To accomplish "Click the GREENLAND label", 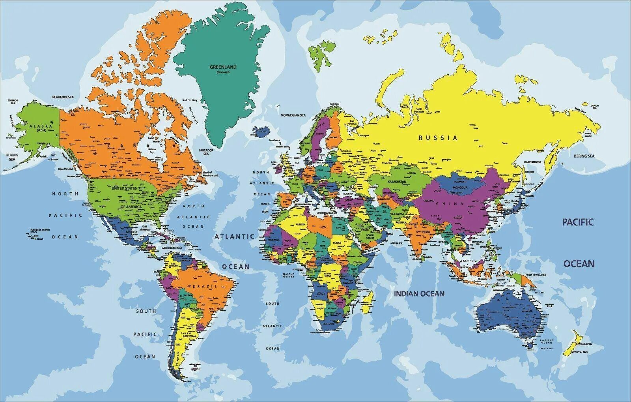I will tap(223, 67).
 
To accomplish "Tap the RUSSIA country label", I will tap(438, 138).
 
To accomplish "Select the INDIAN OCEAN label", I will tap(419, 293).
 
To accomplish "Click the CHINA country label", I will tap(453, 204).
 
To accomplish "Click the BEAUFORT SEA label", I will tap(63, 97).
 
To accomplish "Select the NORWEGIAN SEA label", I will tap(293, 115).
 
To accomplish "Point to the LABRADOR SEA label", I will tap(206, 152).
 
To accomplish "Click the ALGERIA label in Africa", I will tap(301, 224).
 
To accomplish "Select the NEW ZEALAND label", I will tap(579, 352).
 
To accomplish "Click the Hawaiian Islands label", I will tap(41, 230).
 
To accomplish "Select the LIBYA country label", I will tap(323, 227).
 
